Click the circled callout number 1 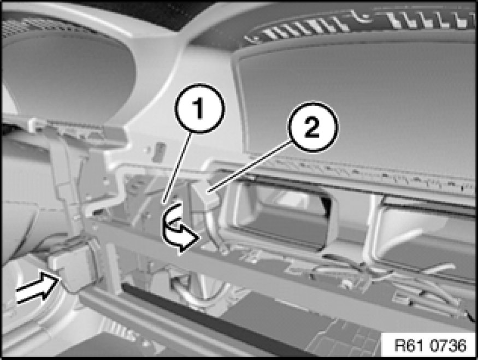(199, 108)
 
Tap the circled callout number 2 (312, 127)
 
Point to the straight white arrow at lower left (37, 288)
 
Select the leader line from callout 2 (249, 168)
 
